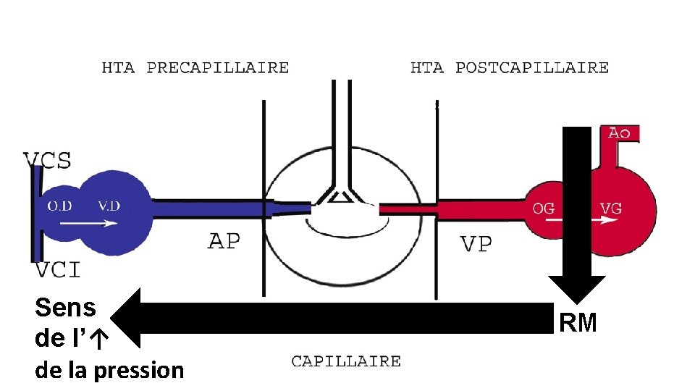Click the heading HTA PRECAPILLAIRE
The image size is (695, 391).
[x=195, y=68]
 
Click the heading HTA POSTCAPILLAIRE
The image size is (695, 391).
[x=510, y=68]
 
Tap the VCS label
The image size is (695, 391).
[x=48, y=159]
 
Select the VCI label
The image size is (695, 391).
[x=58, y=270]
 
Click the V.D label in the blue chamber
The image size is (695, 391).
[x=109, y=206]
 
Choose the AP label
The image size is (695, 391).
[x=224, y=240]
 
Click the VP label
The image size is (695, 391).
[x=476, y=244]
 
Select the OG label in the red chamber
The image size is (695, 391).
[x=544, y=209]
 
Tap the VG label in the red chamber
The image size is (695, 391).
[x=610, y=209]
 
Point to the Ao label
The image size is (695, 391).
[x=620, y=133]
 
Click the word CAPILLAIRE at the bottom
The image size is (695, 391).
[x=346, y=361]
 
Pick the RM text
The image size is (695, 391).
[x=578, y=323]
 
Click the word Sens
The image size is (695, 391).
[x=65, y=308]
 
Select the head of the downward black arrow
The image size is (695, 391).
[x=576, y=290]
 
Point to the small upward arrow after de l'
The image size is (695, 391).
[x=101, y=338]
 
